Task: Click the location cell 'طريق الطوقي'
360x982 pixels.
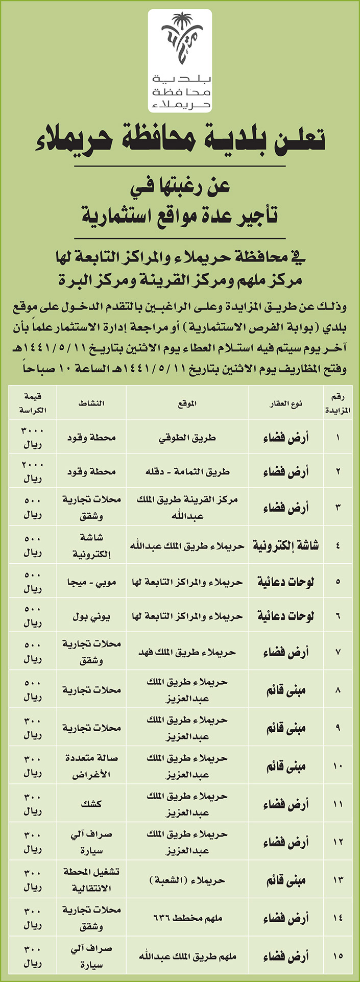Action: (187, 438)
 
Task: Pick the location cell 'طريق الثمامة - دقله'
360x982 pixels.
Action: (187, 472)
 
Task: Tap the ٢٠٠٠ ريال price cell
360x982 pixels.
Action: (32, 472)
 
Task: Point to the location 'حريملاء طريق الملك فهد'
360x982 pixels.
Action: (187, 652)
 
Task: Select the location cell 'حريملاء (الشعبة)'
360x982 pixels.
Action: (187, 880)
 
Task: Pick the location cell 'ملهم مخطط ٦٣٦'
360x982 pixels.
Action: (187, 918)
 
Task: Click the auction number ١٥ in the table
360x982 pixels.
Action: (338, 955)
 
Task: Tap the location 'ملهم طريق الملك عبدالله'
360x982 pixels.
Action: (187, 955)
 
